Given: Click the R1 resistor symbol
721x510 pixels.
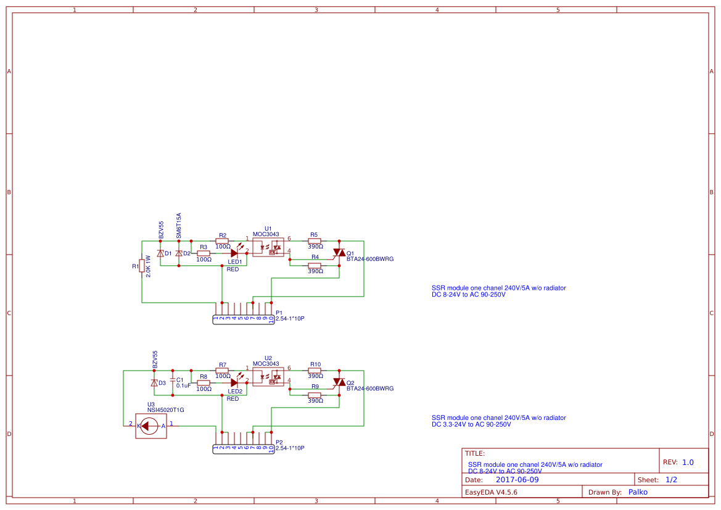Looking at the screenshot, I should click(x=142, y=266).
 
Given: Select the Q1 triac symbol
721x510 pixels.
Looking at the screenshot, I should click(x=339, y=253).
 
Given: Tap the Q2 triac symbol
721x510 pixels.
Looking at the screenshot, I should click(x=339, y=382).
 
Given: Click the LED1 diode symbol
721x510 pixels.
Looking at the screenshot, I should click(x=234, y=253).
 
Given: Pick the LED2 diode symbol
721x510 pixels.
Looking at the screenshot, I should click(x=234, y=382).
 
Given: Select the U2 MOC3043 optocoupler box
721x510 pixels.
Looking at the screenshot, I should click(x=268, y=377).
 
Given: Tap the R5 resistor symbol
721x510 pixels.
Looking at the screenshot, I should click(x=315, y=241).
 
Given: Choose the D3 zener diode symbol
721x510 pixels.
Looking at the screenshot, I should click(x=154, y=382).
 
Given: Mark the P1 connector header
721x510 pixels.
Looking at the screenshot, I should click(x=244, y=319).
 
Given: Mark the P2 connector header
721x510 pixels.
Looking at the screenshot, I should click(x=244, y=448).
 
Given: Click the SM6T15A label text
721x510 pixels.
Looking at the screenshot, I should click(x=179, y=226).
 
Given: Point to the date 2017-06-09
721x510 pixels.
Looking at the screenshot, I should click(x=517, y=480).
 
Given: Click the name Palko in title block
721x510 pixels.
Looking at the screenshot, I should click(x=638, y=492).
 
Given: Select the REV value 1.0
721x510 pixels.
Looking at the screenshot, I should click(x=688, y=462).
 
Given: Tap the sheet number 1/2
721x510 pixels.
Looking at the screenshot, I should click(x=672, y=480).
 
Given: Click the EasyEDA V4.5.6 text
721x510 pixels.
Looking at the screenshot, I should click(x=491, y=492).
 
